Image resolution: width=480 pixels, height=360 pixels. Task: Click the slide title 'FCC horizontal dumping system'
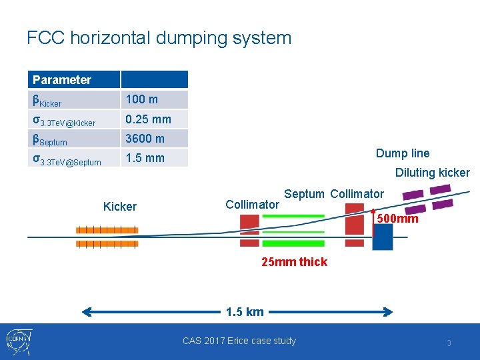click(x=159, y=37)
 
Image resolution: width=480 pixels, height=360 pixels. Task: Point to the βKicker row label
click(x=47, y=101)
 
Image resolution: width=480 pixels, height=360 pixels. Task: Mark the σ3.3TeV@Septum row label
click(x=67, y=159)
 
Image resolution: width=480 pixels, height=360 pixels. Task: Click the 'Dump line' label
click(x=403, y=153)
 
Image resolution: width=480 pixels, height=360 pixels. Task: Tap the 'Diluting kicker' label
click(x=432, y=173)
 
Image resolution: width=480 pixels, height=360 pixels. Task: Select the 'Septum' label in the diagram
click(x=304, y=194)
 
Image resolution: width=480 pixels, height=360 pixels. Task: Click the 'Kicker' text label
click(x=120, y=207)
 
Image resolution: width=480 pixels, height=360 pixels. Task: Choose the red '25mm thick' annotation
click(x=294, y=262)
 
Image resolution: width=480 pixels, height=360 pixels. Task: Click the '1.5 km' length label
click(x=245, y=311)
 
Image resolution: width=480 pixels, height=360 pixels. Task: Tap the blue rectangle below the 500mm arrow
click(x=383, y=237)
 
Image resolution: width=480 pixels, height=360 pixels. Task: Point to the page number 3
click(x=449, y=343)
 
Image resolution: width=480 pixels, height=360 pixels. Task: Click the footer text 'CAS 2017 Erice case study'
click(x=239, y=341)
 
